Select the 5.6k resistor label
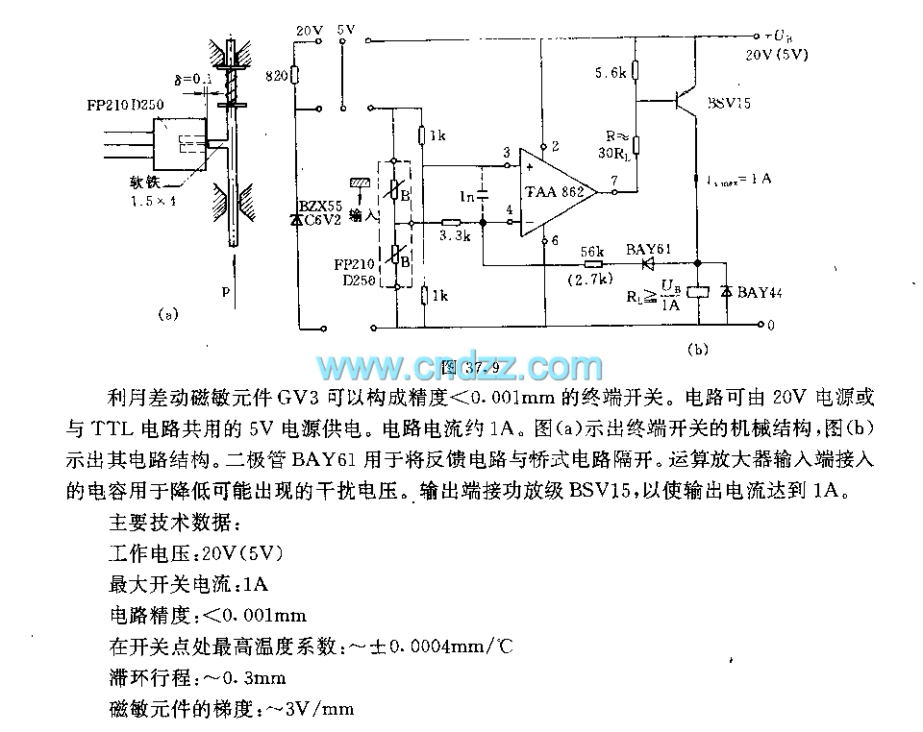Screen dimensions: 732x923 (x=611, y=72)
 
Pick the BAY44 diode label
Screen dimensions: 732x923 (x=760, y=291)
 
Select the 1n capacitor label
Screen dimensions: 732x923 (x=467, y=196)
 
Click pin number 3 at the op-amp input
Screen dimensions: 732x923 (x=506, y=152)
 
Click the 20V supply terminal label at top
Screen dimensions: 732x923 (x=309, y=31)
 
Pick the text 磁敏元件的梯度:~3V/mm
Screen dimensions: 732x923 (x=232, y=709)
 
